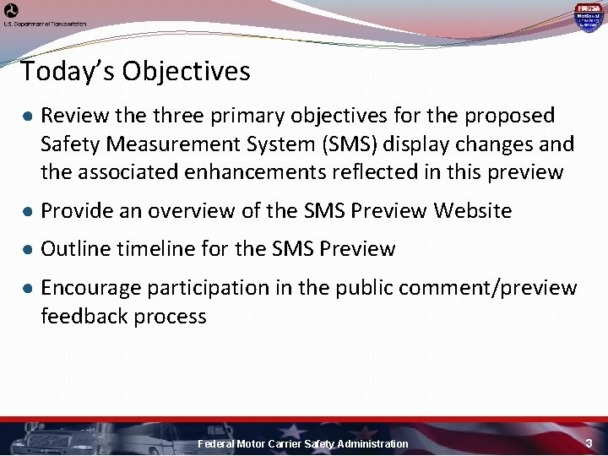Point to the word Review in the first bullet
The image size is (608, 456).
click(x=70, y=115)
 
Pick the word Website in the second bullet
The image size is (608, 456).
click(x=473, y=210)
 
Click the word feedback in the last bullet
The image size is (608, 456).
click(x=83, y=317)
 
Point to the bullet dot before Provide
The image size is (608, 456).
click(x=28, y=211)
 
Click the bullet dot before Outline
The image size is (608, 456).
click(x=28, y=250)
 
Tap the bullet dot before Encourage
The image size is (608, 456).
click(x=28, y=289)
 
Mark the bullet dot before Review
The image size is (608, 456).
click(x=28, y=116)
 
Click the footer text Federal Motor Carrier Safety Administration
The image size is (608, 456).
click(x=302, y=444)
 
